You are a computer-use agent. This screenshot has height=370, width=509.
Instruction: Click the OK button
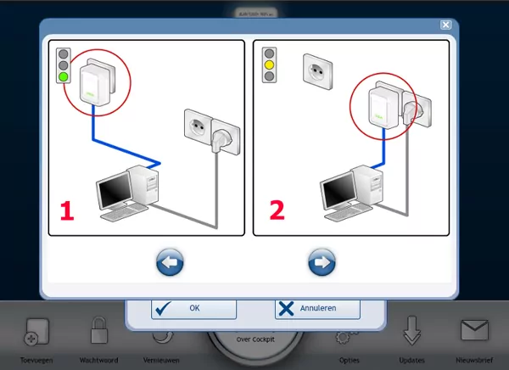(x=182, y=309)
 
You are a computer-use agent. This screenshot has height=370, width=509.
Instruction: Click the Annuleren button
(x=317, y=309)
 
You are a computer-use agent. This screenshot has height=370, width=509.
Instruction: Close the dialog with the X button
(x=445, y=25)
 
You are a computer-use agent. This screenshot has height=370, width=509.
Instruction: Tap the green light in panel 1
(x=62, y=76)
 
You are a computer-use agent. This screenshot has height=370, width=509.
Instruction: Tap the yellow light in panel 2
(x=271, y=64)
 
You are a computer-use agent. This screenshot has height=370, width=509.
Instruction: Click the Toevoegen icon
(x=36, y=333)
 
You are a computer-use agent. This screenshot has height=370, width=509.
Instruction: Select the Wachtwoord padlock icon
(x=98, y=331)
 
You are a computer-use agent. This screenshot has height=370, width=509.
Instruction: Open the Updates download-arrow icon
(x=411, y=330)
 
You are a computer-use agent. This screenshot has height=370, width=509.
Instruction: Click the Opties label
(x=349, y=360)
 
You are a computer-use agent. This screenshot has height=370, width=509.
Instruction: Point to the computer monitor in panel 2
(x=338, y=188)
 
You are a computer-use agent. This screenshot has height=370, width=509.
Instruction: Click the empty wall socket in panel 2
(x=317, y=72)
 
